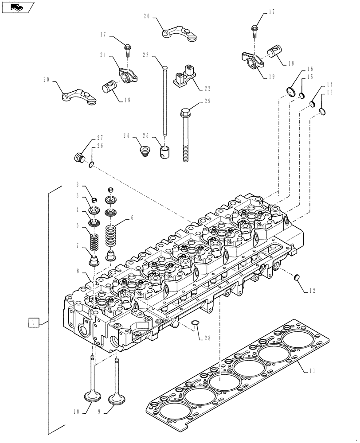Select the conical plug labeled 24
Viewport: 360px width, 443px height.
(x=144, y=152)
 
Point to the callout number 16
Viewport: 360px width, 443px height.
(x=309, y=69)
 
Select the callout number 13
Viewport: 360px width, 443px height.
(x=329, y=92)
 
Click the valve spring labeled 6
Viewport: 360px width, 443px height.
(x=111, y=237)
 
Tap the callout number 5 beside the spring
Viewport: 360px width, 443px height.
(x=78, y=225)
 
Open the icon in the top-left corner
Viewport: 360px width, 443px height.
(x=17, y=7)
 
